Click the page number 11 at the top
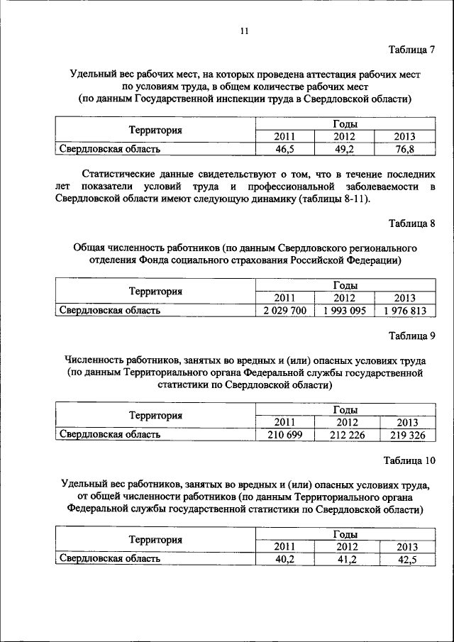click(x=244, y=31)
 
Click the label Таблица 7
click(x=411, y=50)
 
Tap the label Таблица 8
click(x=411, y=223)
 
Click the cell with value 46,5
click(x=284, y=150)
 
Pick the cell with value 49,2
click(x=344, y=150)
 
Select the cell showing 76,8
click(x=404, y=150)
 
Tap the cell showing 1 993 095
click(x=344, y=311)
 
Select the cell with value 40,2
click(x=284, y=559)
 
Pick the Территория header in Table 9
click(x=155, y=416)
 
